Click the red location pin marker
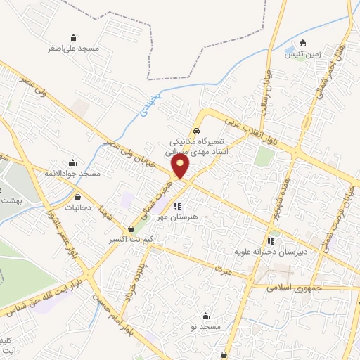click(x=181, y=167)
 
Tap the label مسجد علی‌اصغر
click(x=74, y=49)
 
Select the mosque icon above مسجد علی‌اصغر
click(x=74, y=37)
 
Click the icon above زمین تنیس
click(x=303, y=42)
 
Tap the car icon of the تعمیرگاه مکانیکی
click(x=196, y=131)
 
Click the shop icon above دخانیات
click(x=77, y=197)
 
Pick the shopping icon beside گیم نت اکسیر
click(x=131, y=229)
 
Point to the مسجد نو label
click(x=205, y=327)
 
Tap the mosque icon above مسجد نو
click(x=205, y=316)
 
